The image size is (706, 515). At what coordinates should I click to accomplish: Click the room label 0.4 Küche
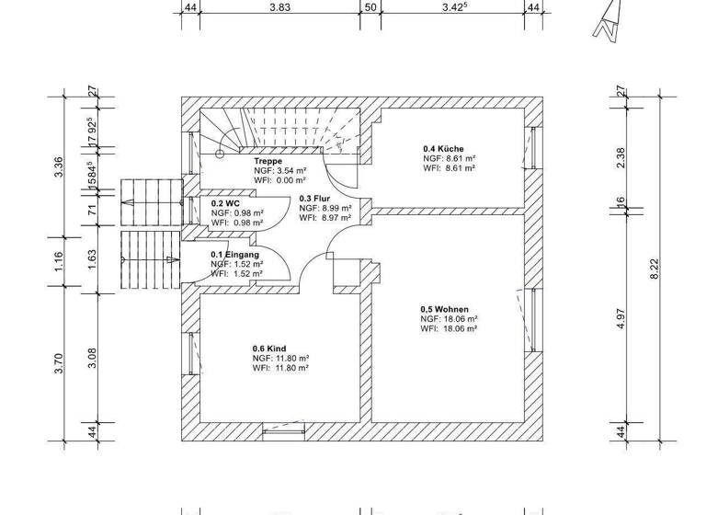click(443, 149)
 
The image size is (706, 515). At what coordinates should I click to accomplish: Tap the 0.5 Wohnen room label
click(445, 309)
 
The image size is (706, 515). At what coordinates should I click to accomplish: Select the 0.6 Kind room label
click(269, 349)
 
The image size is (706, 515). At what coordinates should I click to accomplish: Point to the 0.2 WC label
click(224, 203)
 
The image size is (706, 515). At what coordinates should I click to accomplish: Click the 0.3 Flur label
click(314, 198)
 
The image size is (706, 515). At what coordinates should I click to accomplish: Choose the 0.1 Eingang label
click(234, 255)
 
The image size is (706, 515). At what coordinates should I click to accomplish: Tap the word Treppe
click(268, 161)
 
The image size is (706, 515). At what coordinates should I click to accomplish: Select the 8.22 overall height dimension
click(655, 267)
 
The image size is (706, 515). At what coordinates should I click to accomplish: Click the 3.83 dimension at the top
click(279, 6)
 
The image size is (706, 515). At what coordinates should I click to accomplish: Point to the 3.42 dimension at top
click(455, 6)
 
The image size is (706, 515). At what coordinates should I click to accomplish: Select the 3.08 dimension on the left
click(91, 357)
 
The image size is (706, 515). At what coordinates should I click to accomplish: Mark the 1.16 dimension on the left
click(58, 262)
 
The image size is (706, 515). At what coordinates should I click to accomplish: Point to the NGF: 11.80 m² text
click(280, 359)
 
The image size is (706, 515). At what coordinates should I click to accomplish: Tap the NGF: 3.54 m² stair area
click(280, 171)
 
